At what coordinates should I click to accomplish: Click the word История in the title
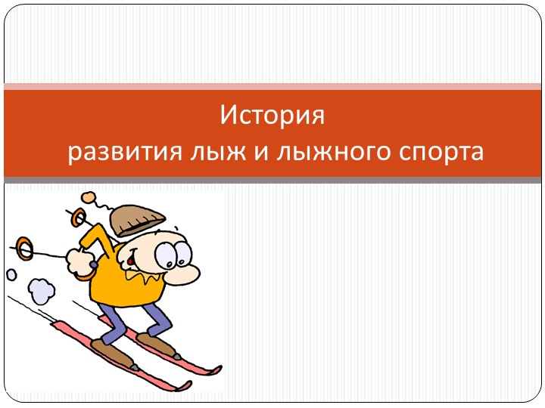pos(272,117)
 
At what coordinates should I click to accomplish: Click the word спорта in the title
pos(441,152)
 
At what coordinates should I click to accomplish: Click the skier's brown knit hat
pos(136,219)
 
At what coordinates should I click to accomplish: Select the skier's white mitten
pos(79,260)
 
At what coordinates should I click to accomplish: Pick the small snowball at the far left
pos(11,274)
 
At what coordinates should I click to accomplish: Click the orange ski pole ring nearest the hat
pos(77,216)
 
